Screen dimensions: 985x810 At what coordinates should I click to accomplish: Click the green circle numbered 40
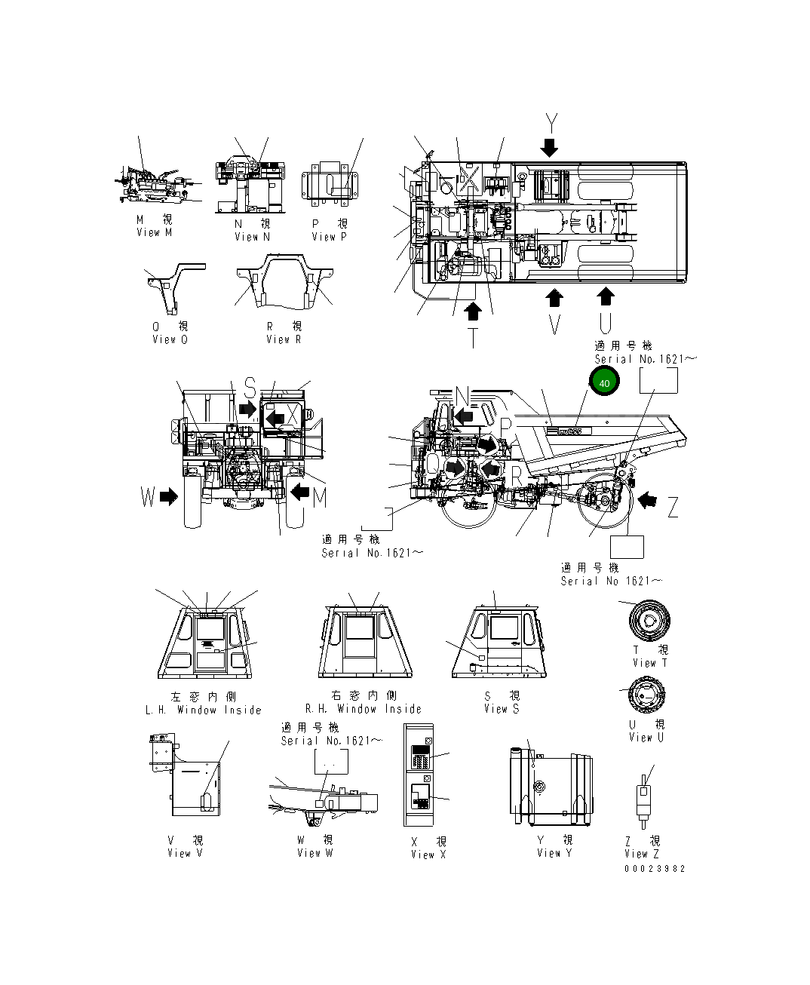(x=603, y=383)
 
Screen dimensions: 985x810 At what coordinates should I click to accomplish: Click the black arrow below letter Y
(x=550, y=147)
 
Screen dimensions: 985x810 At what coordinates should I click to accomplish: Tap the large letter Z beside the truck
(x=672, y=508)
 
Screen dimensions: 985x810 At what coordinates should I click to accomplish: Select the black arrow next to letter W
(x=170, y=496)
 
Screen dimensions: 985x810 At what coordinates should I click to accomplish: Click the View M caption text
(x=155, y=232)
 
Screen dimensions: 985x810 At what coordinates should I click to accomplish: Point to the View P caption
(x=330, y=236)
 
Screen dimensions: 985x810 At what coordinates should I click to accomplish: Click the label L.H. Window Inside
(x=203, y=710)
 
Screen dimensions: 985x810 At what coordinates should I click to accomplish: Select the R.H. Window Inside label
(x=363, y=709)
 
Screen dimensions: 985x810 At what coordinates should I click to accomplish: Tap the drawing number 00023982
(x=654, y=868)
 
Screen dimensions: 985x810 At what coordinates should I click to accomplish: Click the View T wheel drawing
(x=649, y=621)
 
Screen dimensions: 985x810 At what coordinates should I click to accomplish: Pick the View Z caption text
(x=642, y=854)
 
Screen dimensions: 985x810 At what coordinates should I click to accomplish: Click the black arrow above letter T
(x=473, y=309)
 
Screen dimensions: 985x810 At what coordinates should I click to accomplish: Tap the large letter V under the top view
(x=554, y=325)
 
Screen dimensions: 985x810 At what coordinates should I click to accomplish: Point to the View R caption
(x=284, y=339)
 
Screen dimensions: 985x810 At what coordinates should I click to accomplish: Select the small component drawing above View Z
(x=643, y=799)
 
